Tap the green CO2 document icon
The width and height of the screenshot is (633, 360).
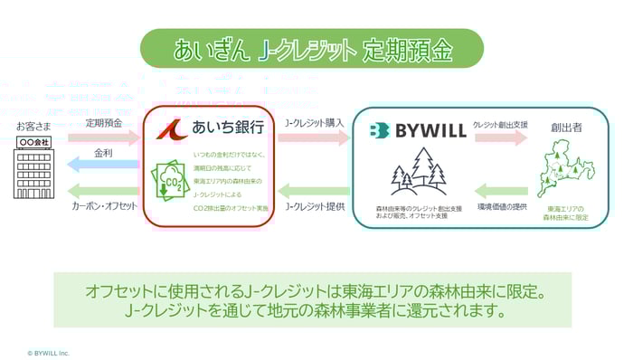(172, 180)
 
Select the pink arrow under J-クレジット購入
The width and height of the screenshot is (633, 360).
(313, 138)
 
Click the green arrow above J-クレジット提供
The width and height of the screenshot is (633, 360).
(313, 192)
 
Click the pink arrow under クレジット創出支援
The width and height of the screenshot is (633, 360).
(501, 138)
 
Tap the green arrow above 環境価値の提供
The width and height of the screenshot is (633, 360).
(501, 192)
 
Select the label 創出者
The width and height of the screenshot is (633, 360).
(566, 127)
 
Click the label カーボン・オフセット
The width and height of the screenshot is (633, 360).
(104, 206)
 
